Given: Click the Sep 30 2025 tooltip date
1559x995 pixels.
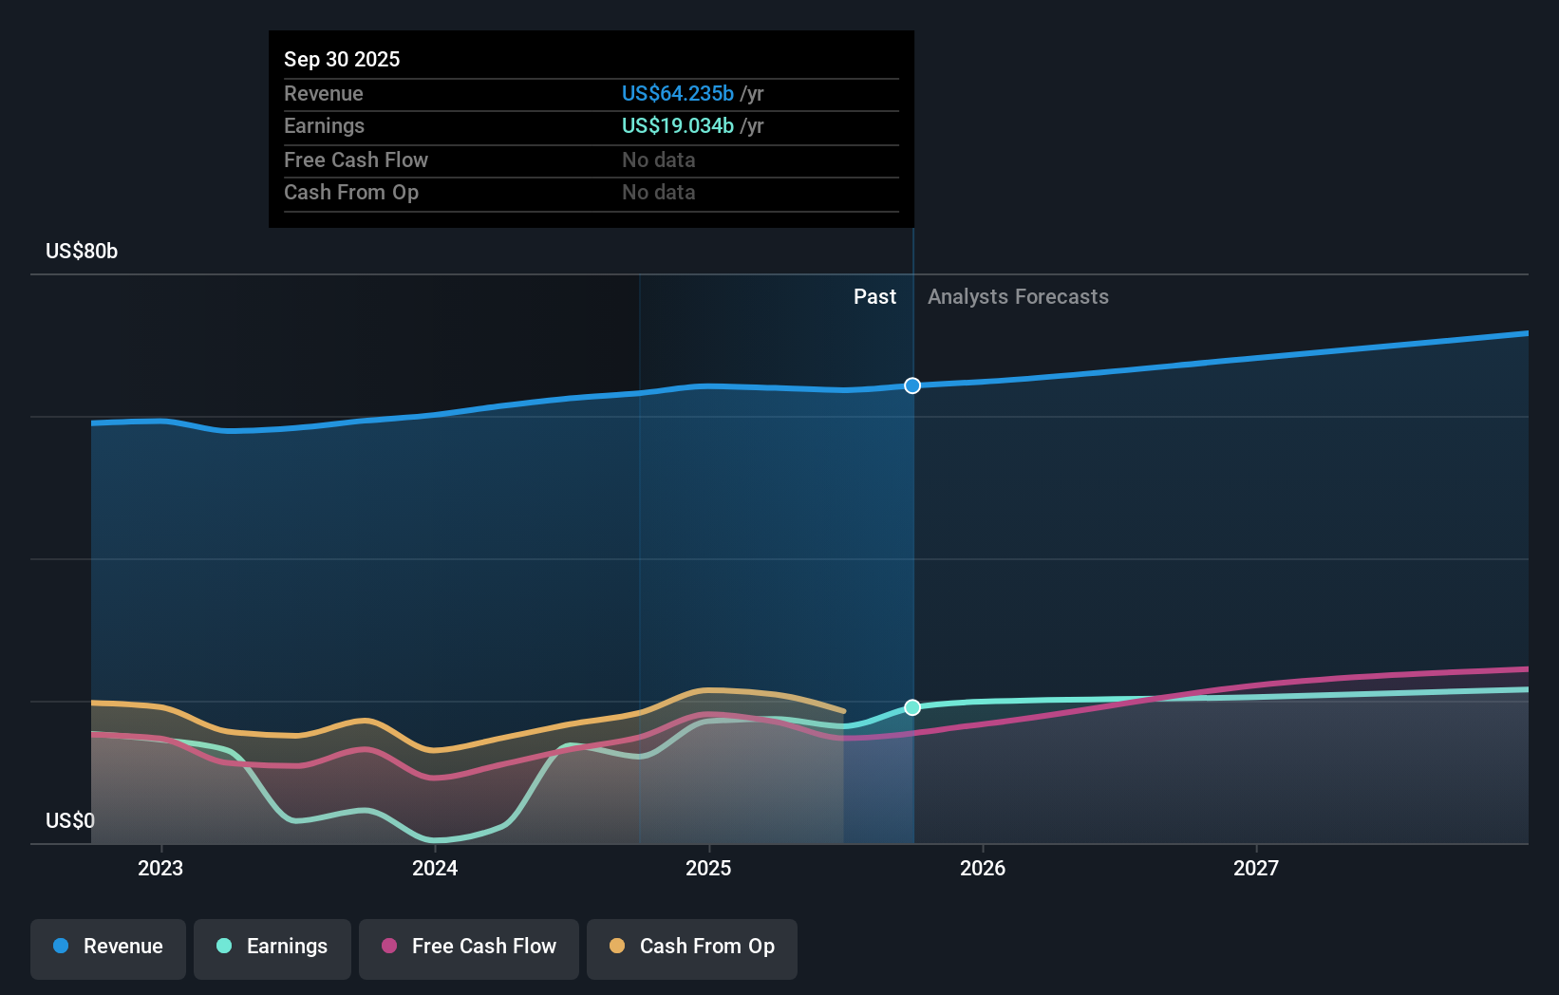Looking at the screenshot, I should [x=342, y=59].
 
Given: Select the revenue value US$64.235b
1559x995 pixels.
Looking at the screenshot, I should [x=677, y=93].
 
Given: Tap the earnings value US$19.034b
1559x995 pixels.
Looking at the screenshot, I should [x=677, y=125].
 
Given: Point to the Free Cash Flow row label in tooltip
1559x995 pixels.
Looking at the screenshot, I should [x=356, y=160].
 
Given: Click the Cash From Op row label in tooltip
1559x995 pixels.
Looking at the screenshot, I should [x=351, y=192].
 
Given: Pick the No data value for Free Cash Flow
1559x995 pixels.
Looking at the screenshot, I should [x=658, y=160].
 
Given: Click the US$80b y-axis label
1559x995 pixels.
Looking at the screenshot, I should [x=82, y=251].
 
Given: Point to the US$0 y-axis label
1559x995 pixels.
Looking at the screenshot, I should [x=70, y=820].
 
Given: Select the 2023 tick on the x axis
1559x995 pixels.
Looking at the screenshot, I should [x=160, y=868].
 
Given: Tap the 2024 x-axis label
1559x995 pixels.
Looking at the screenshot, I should [x=435, y=868].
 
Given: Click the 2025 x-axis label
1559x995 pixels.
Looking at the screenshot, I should [x=708, y=868].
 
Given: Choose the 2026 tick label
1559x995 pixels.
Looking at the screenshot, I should [x=983, y=868].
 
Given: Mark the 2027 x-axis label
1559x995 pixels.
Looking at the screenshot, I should [x=1256, y=868].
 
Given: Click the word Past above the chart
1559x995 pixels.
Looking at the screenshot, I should [x=874, y=296].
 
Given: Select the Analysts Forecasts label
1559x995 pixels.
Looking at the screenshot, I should [x=1018, y=296].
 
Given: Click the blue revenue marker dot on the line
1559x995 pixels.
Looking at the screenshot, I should [x=912, y=385].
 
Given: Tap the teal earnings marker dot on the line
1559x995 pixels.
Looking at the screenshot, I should [x=912, y=707].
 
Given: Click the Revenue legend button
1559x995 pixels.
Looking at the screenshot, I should [x=108, y=947].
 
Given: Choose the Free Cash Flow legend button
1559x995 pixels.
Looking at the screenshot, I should [x=469, y=947].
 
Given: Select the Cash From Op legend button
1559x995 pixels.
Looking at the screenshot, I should [x=692, y=947].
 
